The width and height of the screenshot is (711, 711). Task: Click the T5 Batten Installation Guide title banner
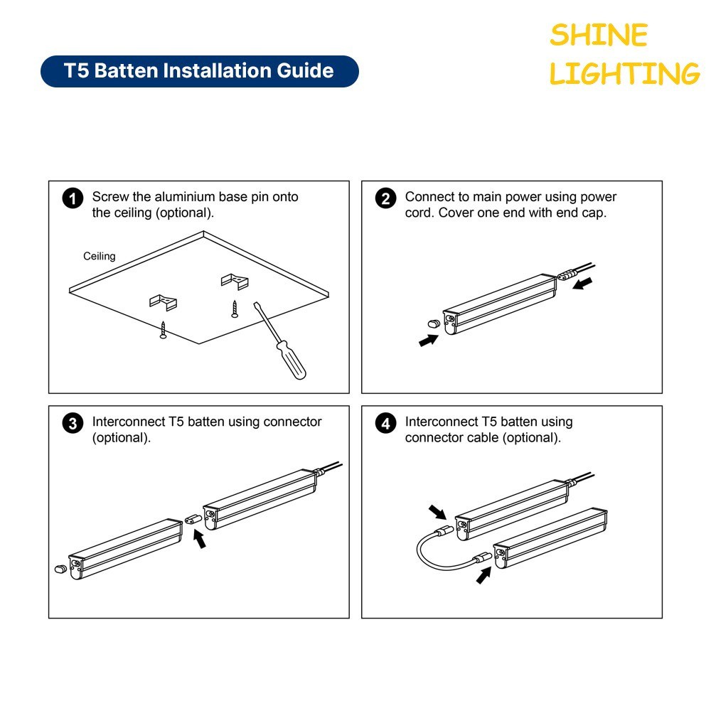200,71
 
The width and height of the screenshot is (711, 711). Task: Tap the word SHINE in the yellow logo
599,35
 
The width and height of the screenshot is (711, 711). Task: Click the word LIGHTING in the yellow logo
624,73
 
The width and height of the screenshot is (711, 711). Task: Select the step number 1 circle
73,198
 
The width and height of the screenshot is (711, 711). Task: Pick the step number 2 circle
386,198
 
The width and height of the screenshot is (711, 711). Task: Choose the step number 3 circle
73,424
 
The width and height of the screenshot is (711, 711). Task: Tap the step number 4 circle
386,424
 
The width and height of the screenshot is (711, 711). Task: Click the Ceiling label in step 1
100,256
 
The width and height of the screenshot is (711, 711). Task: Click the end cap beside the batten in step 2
434,324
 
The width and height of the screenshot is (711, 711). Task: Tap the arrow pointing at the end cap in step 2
429,340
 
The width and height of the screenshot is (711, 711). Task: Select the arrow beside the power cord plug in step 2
583,284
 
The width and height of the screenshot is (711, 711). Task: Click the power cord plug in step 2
567,274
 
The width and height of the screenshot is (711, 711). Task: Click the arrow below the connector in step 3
200,539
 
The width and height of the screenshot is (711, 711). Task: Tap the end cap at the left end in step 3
60,569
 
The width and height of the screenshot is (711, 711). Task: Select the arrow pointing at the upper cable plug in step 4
437,512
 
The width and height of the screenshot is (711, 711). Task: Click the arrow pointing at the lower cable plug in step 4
483,575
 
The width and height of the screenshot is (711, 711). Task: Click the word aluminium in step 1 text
185,197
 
